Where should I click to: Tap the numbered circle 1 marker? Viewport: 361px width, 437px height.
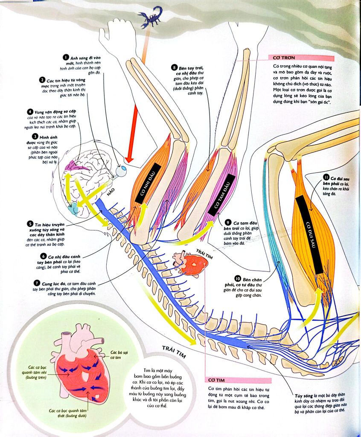pos(65,57)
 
